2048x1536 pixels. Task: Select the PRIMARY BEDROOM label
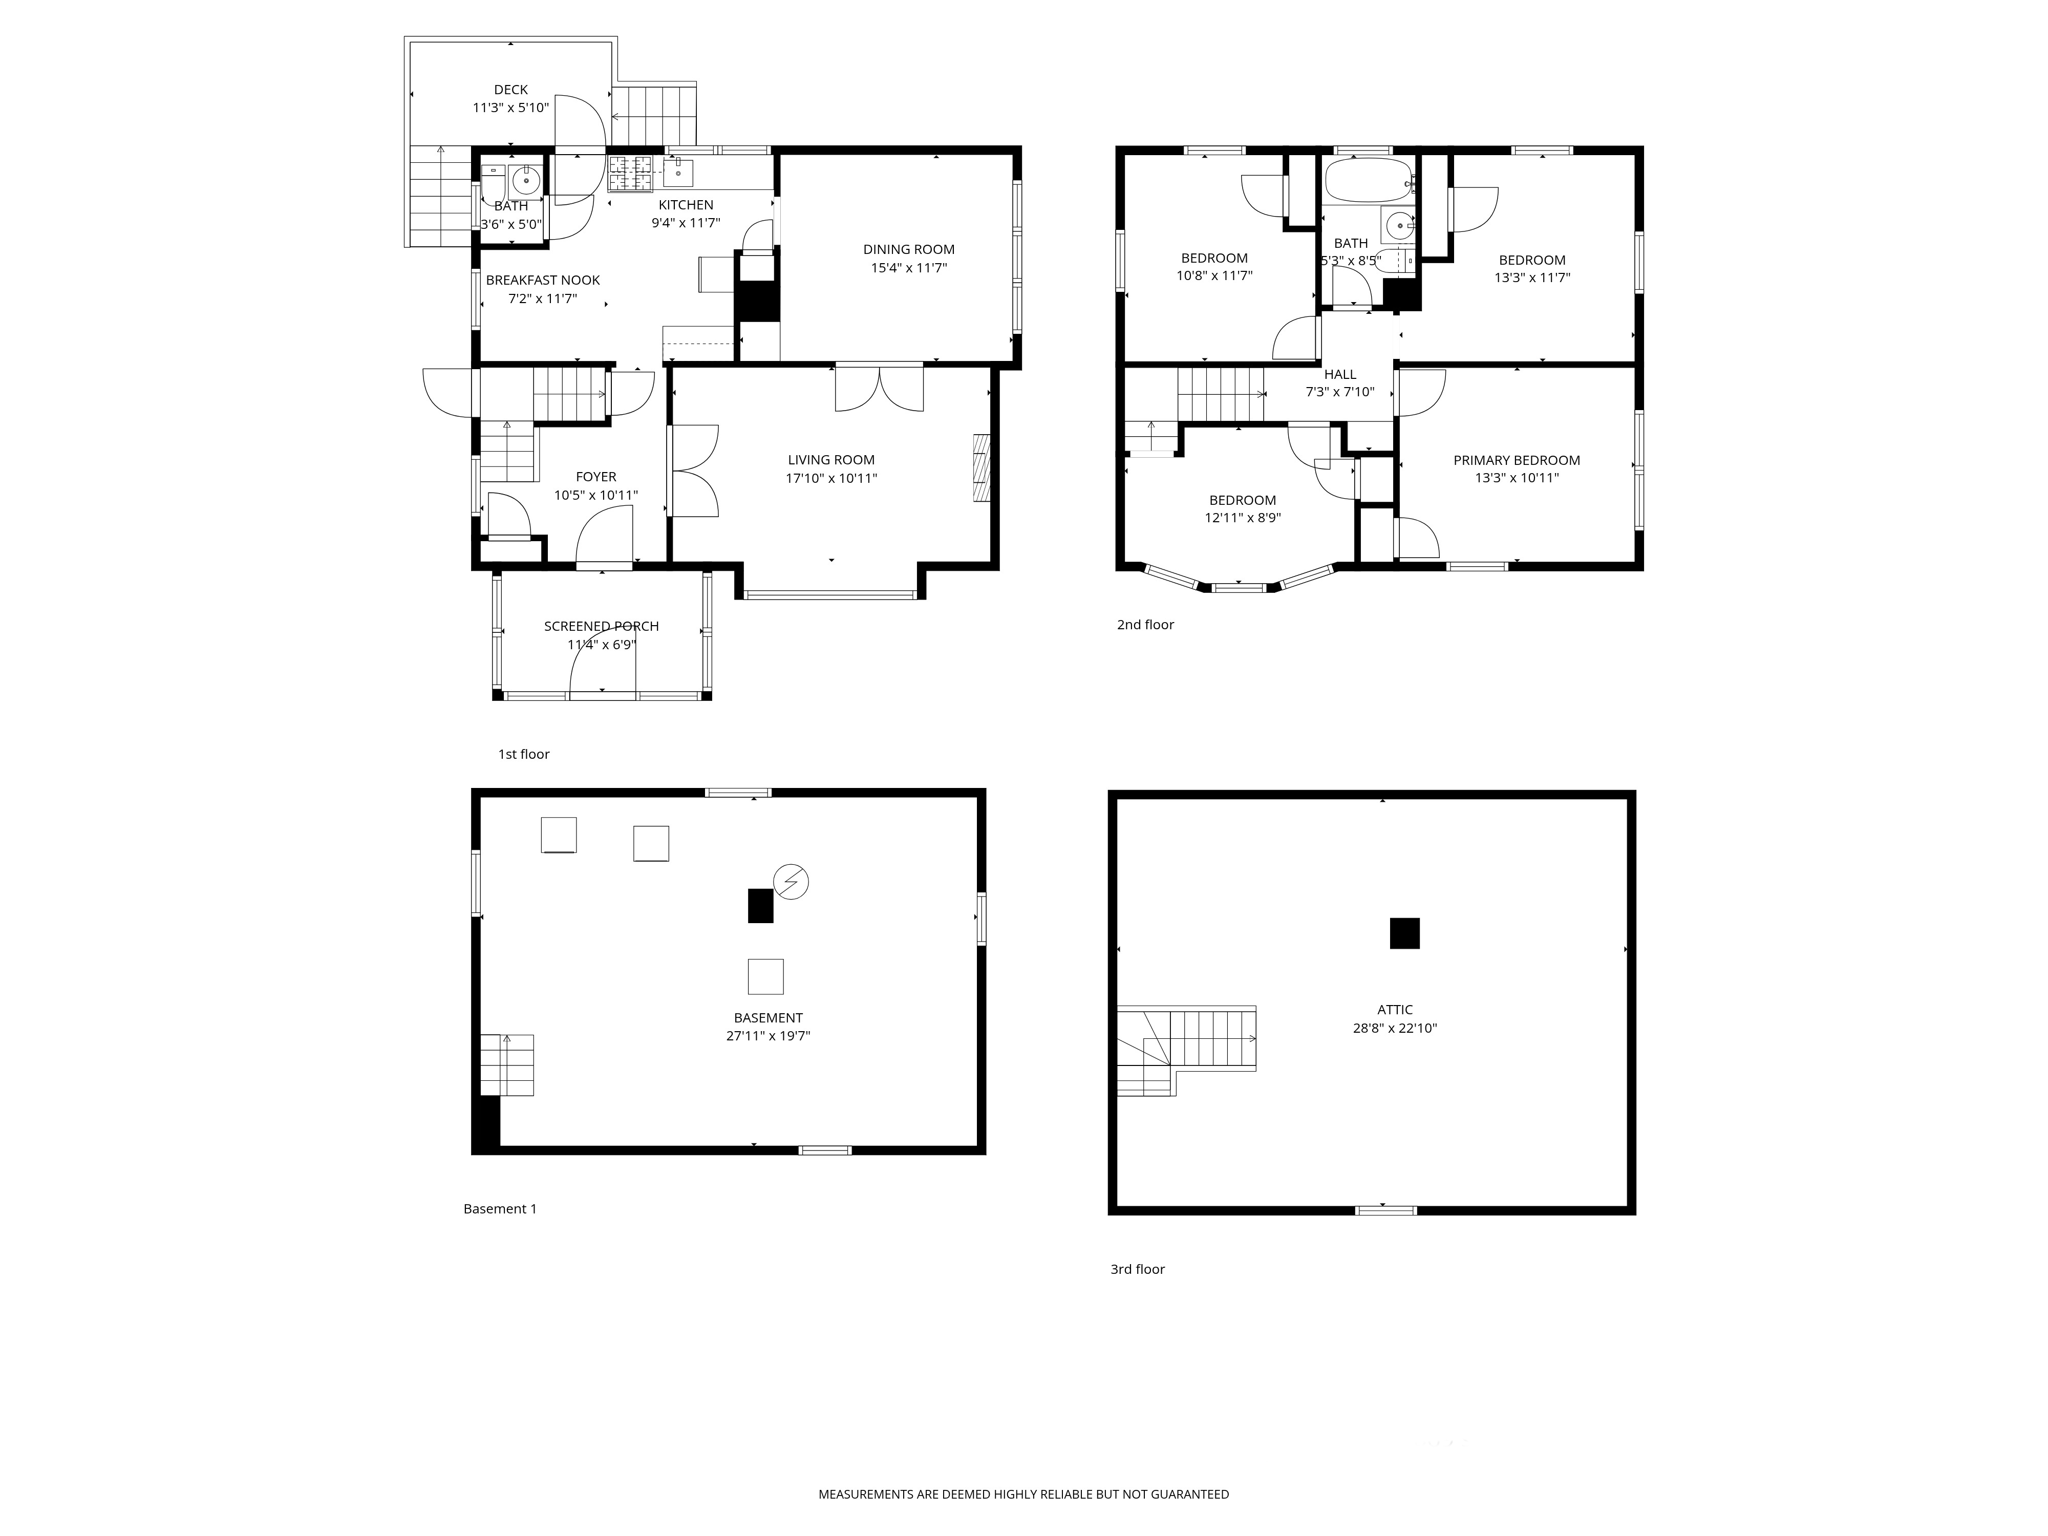1517,460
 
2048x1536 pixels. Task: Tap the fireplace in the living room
982,468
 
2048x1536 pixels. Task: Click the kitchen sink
678,172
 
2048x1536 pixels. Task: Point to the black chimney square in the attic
1404,933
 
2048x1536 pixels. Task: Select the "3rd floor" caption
1137,1269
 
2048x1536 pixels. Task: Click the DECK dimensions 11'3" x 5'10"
511,108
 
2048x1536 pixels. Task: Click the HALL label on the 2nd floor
1340,375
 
